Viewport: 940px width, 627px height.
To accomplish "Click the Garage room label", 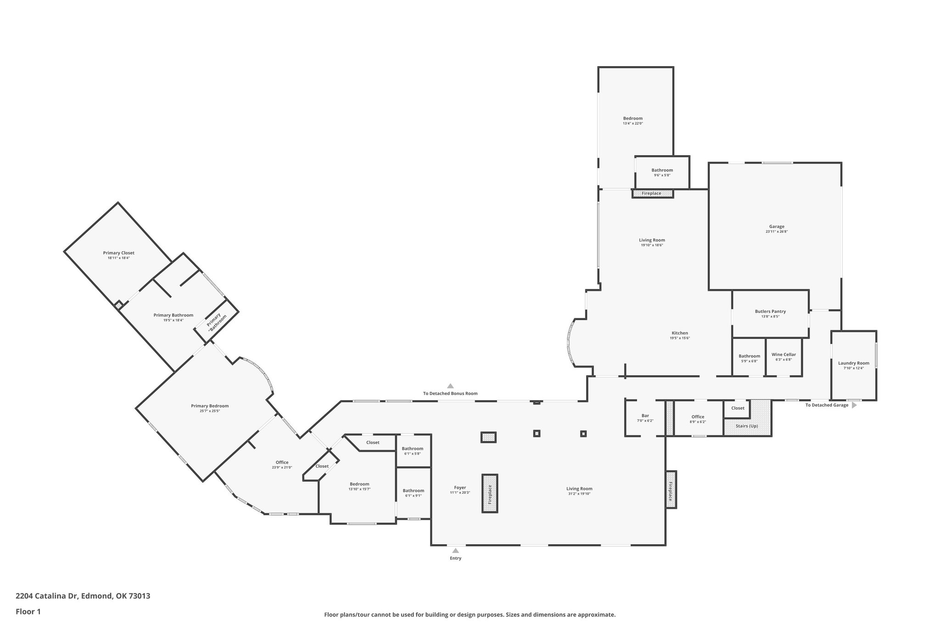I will [777, 226].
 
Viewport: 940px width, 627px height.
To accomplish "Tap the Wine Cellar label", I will [783, 355].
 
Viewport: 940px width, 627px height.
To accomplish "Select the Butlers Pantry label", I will [770, 311].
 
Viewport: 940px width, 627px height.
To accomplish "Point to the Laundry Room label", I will [853, 363].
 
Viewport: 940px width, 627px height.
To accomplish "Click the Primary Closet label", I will [118, 253].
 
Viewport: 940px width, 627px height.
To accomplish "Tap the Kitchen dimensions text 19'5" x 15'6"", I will [680, 338].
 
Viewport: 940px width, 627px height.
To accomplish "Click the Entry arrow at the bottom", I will [455, 550].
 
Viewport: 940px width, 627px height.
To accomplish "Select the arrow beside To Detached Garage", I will [854, 405].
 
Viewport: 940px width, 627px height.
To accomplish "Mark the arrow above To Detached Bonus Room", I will [450, 386].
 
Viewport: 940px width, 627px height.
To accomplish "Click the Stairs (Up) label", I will [747, 426].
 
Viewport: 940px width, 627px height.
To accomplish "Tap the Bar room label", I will [645, 416].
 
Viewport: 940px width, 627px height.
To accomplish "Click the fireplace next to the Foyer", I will [490, 494].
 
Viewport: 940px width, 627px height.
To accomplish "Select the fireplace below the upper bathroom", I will [652, 193].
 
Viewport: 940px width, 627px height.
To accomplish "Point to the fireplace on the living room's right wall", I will [671, 490].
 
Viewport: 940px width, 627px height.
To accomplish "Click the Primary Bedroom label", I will [210, 406].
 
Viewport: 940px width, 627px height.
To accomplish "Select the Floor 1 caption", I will [28, 611].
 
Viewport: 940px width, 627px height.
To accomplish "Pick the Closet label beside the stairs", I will [738, 408].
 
